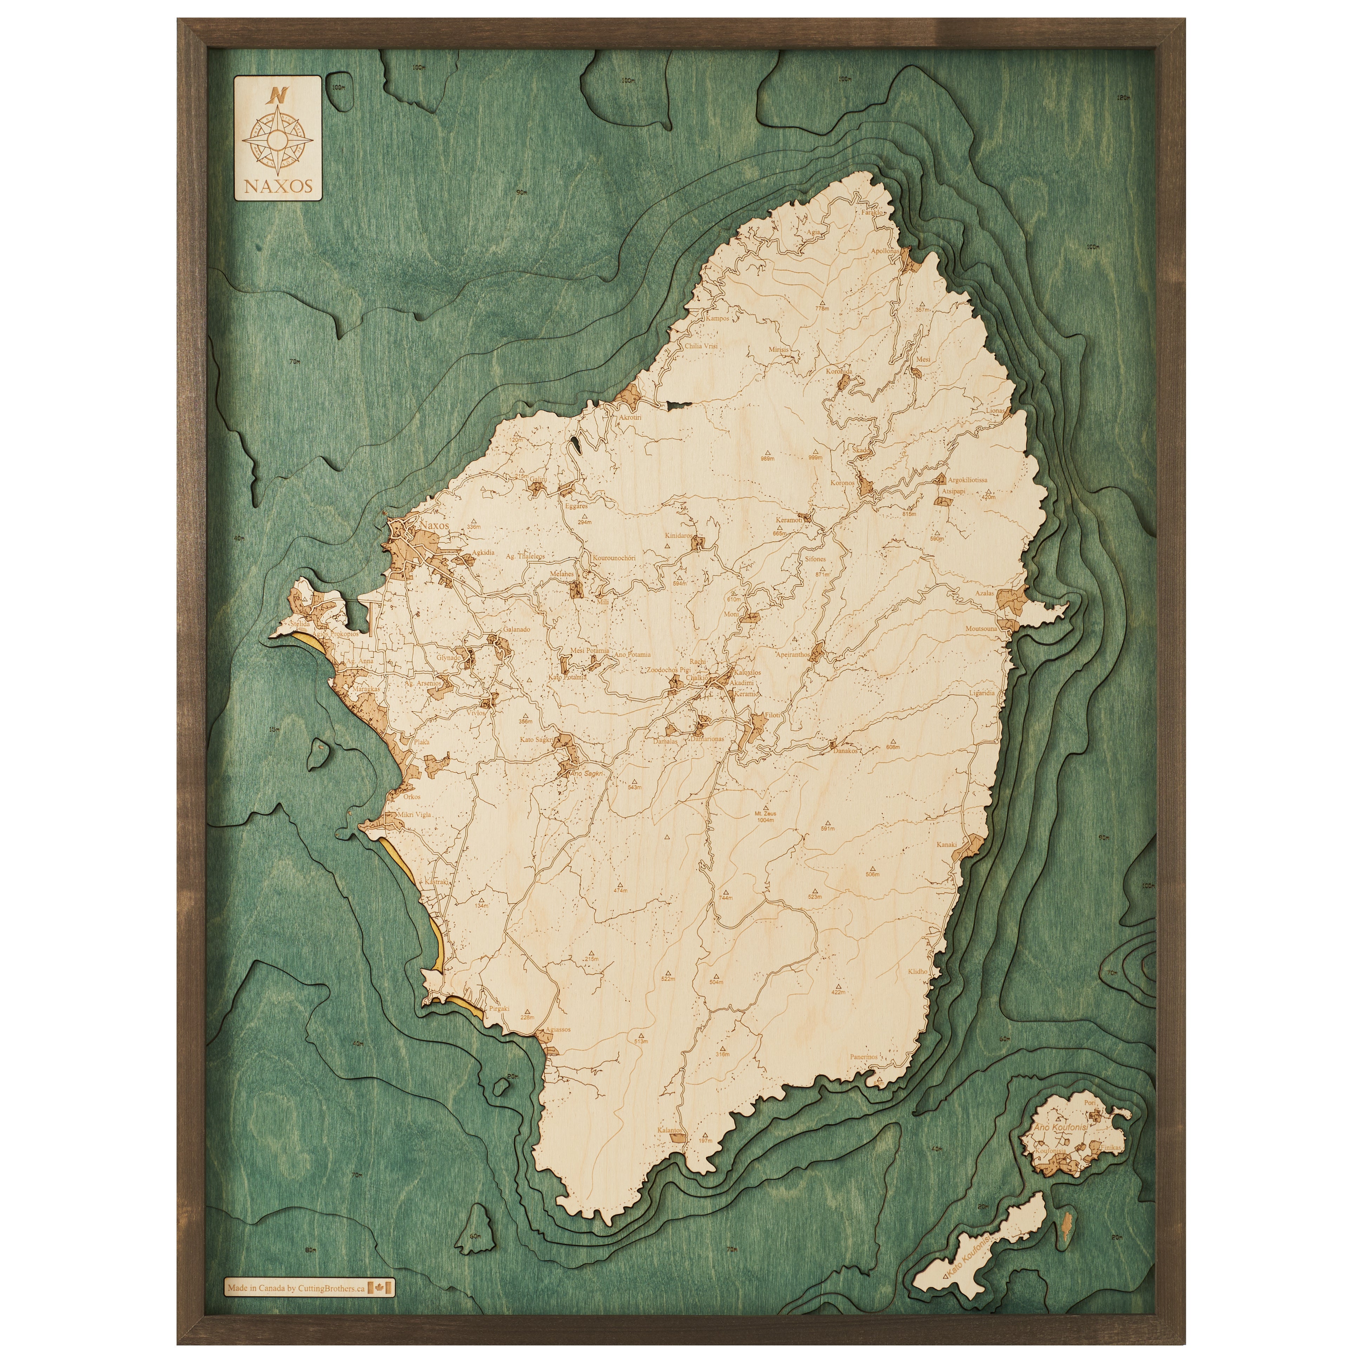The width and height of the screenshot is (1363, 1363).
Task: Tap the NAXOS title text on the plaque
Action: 277,187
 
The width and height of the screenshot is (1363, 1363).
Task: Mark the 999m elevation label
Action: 815,458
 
